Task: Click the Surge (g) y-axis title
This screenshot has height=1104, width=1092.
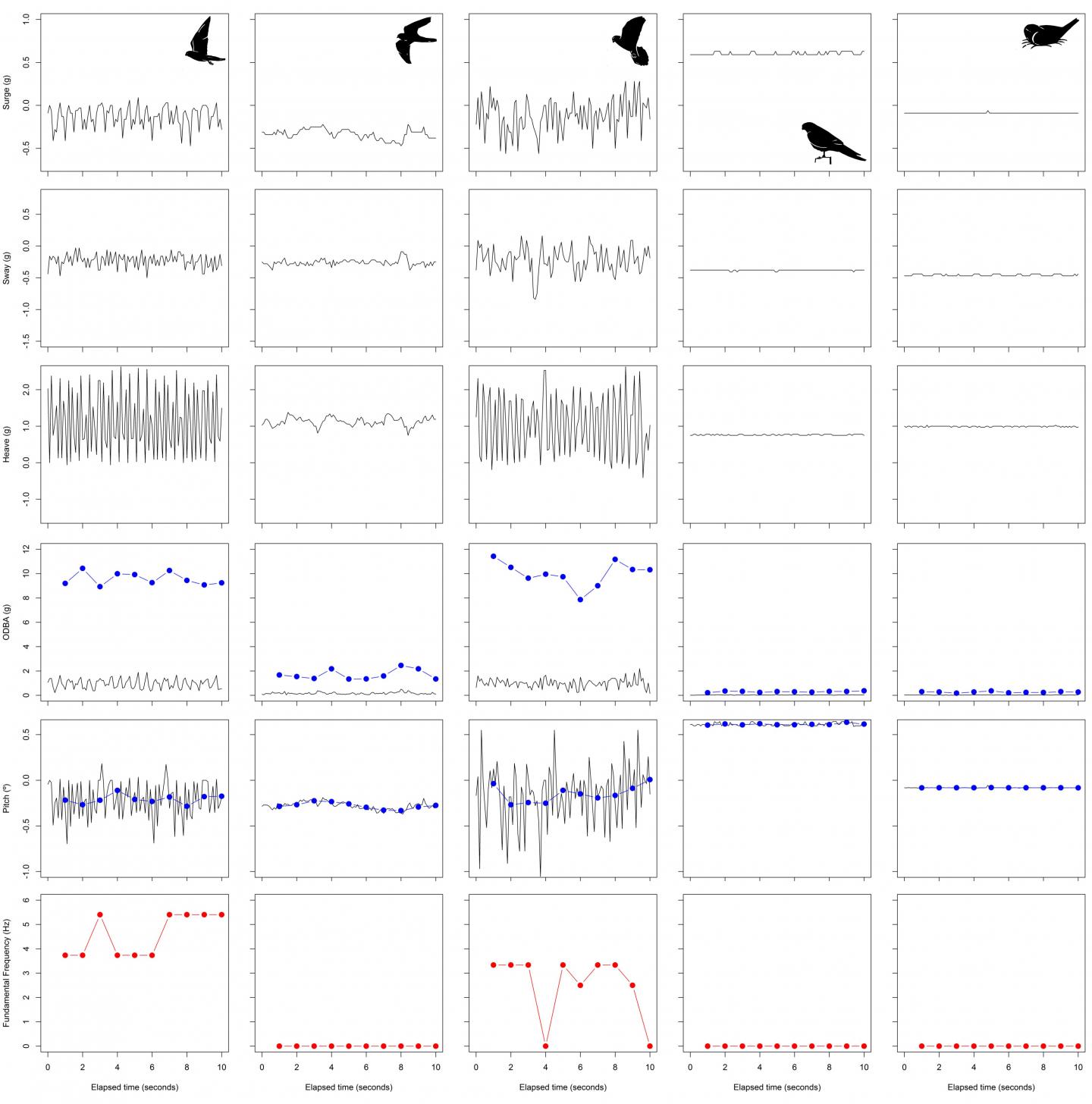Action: click(x=7, y=98)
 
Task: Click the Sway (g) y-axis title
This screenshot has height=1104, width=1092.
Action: click(x=7, y=269)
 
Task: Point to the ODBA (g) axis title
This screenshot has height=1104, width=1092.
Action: click(x=7, y=622)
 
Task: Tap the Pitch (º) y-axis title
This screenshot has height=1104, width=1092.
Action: click(x=7, y=797)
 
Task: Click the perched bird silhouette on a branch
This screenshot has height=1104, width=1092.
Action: click(x=833, y=143)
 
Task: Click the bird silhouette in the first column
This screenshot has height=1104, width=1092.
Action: click(x=203, y=42)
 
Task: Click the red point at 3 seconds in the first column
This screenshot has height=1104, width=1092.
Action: click(x=100, y=914)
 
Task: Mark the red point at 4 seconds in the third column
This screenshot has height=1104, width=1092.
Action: click(x=545, y=1046)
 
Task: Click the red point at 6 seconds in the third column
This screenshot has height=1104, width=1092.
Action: click(x=580, y=985)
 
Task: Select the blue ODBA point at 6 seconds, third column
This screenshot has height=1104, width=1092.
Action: click(x=580, y=599)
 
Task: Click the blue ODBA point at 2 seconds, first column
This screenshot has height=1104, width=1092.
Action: click(x=83, y=568)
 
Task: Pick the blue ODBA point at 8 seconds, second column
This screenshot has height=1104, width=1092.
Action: click(x=401, y=665)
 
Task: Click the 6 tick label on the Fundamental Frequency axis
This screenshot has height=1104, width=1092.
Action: click(x=27, y=900)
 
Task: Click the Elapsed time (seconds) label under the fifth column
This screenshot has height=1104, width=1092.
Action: click(x=991, y=1087)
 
